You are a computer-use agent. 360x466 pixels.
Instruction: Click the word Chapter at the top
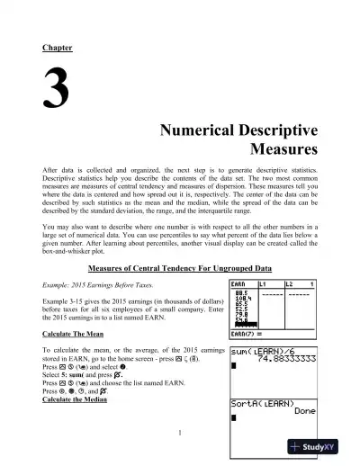coord(57,47)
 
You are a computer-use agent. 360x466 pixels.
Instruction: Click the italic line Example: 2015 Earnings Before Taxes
coord(102,284)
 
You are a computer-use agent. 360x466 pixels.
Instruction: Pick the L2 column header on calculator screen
coord(296,283)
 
